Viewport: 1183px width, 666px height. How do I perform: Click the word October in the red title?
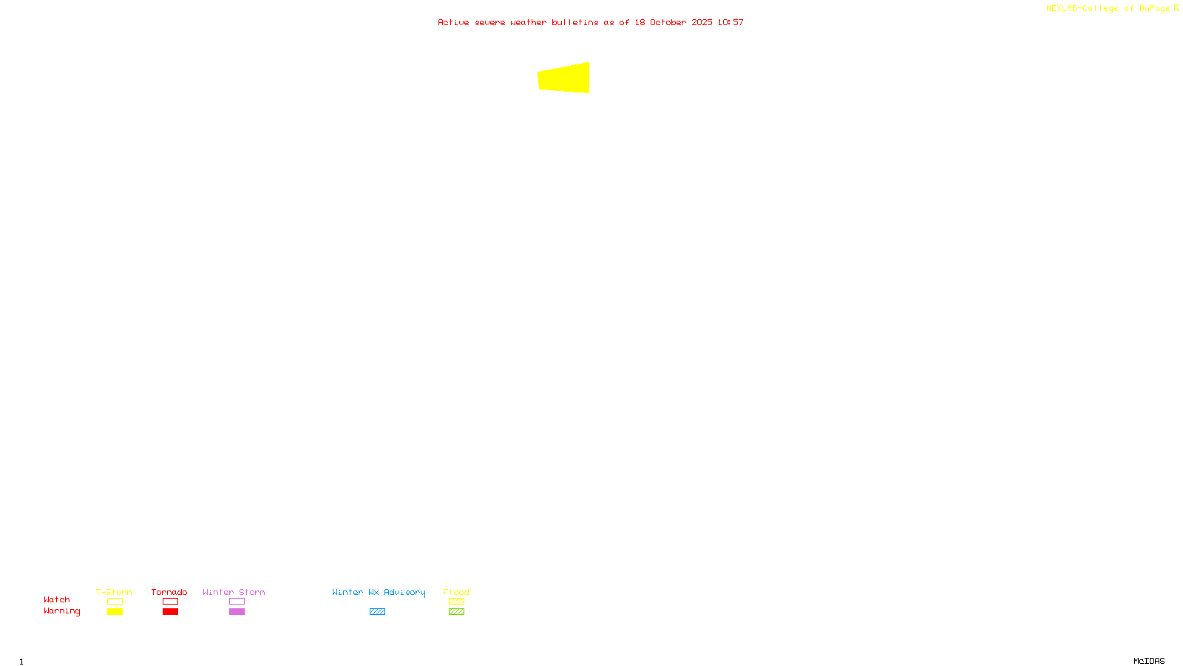point(668,22)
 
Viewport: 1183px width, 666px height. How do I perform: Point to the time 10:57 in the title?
point(731,22)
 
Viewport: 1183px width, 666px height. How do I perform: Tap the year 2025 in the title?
point(702,22)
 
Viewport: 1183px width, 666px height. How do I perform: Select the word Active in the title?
point(453,22)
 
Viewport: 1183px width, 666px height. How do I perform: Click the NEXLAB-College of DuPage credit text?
point(1108,8)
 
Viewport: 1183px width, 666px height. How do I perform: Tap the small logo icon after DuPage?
point(1176,8)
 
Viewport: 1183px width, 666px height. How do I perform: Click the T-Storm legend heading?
point(114,592)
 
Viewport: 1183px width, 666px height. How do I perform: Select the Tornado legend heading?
point(169,592)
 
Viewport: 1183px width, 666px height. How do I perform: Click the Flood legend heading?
point(456,592)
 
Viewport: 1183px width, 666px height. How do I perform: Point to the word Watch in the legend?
point(57,599)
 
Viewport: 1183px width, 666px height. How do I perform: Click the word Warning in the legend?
point(61,611)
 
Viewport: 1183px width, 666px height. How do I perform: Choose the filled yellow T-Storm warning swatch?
point(115,612)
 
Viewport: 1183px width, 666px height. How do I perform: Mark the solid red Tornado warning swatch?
point(170,612)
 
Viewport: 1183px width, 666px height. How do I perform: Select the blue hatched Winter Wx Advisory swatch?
point(377,612)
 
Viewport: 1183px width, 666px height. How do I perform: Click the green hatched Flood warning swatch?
point(456,612)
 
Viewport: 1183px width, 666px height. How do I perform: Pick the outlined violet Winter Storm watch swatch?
point(237,602)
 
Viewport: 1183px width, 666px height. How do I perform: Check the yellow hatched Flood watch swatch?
point(456,602)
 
